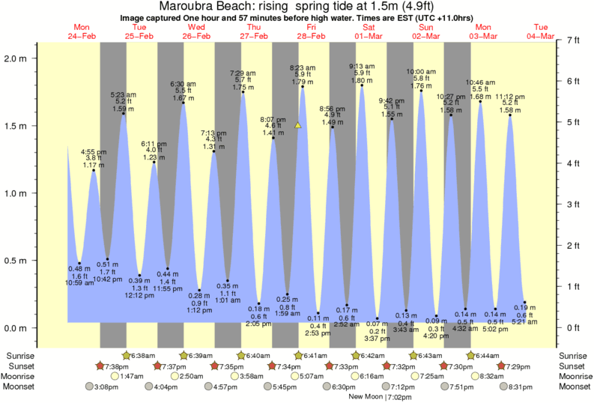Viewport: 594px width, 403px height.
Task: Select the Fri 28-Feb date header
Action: pyautogui.click(x=311, y=32)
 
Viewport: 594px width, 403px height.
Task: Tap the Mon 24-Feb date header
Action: pyautogui.click(x=82, y=32)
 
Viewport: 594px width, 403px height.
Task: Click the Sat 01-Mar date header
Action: pyautogui.click(x=369, y=32)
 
